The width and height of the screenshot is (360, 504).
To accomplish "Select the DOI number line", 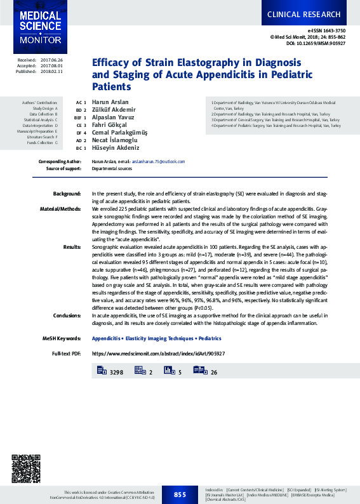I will pyautogui.click(x=316, y=44).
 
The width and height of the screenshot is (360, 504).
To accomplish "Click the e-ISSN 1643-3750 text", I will pyautogui.click(x=326, y=30).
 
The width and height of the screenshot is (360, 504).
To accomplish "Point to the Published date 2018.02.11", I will pyautogui.click(x=53, y=72).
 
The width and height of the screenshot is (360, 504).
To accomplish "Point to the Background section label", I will pyautogui.click(x=67, y=193).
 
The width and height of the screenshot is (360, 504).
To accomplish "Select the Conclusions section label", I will pyautogui.click(x=67, y=315).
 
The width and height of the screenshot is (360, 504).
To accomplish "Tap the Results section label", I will pyautogui.click(x=72, y=247).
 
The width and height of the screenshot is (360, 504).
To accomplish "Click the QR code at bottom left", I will pyautogui.click(x=26, y=469).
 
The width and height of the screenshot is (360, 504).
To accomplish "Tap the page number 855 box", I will pyautogui.click(x=180, y=494).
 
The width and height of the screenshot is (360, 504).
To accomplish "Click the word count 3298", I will pyautogui.click(x=117, y=371).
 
